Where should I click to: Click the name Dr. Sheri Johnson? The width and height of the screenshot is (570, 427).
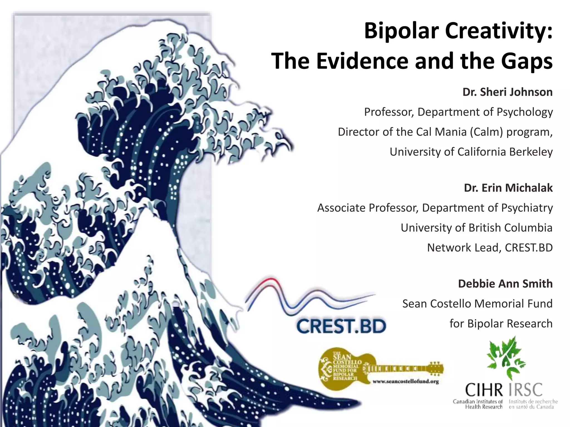[x=507, y=92]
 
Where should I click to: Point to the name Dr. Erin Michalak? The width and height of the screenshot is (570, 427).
[x=508, y=188]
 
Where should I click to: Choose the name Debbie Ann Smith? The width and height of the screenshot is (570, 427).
[x=505, y=284]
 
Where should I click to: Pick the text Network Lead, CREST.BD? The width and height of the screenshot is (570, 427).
[x=490, y=248]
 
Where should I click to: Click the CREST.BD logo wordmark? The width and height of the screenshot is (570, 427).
[x=341, y=326]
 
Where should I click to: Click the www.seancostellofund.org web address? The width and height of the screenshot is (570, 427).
[x=406, y=382]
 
